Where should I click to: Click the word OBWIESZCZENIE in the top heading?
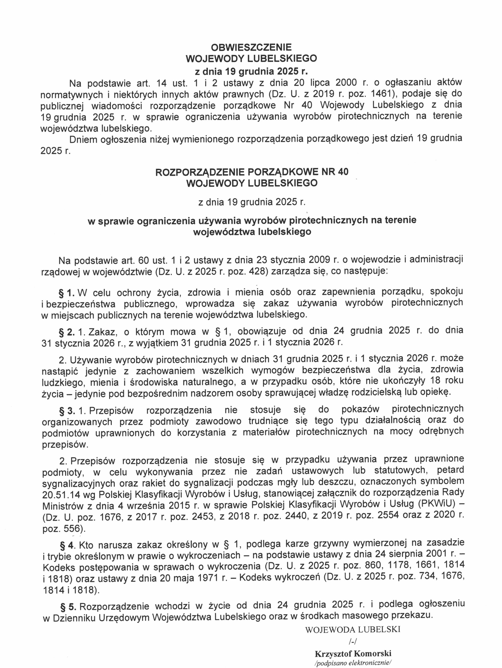tap(251, 47)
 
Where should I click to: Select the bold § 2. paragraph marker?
tap(67, 332)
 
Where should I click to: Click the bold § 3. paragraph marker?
tap(67, 411)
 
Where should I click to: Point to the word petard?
tap(450, 470)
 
